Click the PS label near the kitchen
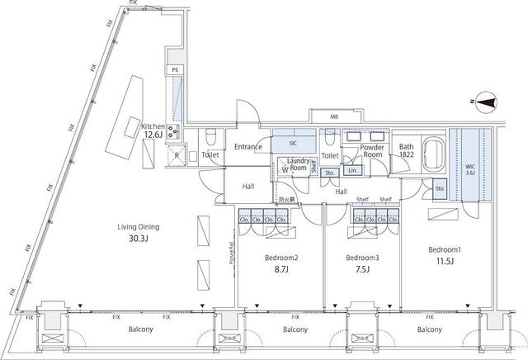(x=175, y=71)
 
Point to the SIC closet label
(x=293, y=143)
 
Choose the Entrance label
(x=248, y=148)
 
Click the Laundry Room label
(x=298, y=164)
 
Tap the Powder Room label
(x=368, y=149)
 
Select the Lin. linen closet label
(x=353, y=170)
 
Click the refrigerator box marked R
(x=177, y=154)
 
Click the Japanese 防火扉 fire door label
(x=286, y=199)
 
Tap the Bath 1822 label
(x=407, y=150)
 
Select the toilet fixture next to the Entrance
(x=210, y=135)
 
